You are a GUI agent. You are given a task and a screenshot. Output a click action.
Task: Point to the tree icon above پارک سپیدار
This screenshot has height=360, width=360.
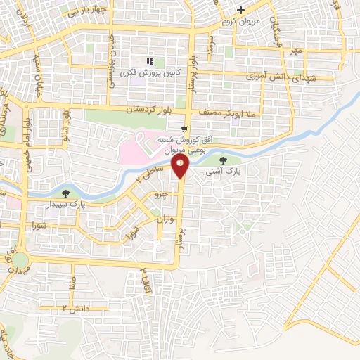point(65,193)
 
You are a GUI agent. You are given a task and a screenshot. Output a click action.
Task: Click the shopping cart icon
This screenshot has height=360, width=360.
point(184,129)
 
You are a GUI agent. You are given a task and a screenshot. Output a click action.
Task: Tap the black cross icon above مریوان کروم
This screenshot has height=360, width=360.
point(241,10)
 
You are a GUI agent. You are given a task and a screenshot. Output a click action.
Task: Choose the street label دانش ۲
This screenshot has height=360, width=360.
point(73,308)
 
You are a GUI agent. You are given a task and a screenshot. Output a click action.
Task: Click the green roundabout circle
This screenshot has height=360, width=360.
point(19,262)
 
